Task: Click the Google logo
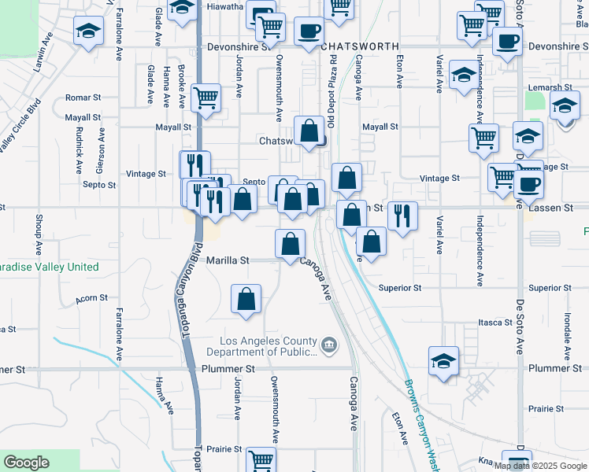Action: click(26, 463)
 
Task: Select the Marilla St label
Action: click(228, 260)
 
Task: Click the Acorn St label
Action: click(91, 298)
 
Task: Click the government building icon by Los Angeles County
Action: click(329, 344)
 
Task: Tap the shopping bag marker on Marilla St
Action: click(290, 243)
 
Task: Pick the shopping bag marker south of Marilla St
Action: click(246, 298)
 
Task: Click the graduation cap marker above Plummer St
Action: click(444, 361)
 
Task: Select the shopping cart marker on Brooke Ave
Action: click(206, 98)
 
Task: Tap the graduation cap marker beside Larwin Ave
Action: click(87, 31)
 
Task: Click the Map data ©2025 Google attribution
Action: click(540, 466)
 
